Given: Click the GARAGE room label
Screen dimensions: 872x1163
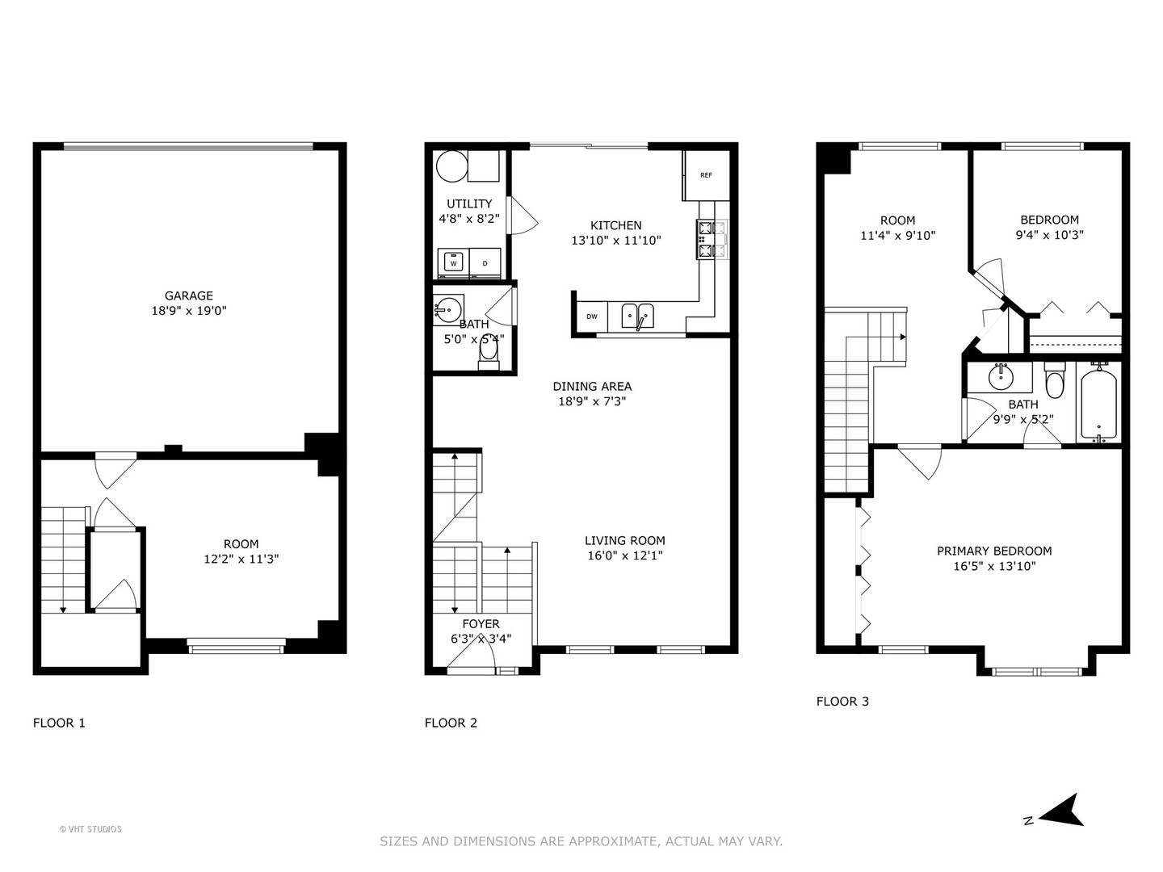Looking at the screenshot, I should click(x=189, y=296).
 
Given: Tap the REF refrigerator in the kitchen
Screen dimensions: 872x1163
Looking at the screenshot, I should click(x=706, y=175).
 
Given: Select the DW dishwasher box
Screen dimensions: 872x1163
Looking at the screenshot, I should click(x=592, y=317).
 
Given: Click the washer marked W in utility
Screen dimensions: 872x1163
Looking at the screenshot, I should click(x=453, y=263).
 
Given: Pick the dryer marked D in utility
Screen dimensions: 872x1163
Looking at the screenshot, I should click(x=485, y=263).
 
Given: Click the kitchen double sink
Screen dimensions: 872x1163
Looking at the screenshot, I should click(x=638, y=316).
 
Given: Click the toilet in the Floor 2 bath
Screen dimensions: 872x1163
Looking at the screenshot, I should click(x=489, y=353).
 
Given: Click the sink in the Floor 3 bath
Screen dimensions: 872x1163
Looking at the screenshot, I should click(x=1001, y=375).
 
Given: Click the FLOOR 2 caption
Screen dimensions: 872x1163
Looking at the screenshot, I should click(x=451, y=723).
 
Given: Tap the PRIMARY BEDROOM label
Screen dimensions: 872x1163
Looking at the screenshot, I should click(x=994, y=551).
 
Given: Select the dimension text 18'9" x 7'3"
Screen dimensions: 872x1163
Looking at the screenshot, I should click(x=592, y=401).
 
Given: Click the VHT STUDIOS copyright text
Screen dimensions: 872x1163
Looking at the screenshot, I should click(x=90, y=829).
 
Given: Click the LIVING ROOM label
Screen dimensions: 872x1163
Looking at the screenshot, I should click(x=624, y=541).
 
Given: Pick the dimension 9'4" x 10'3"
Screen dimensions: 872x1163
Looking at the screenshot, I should click(x=1049, y=235).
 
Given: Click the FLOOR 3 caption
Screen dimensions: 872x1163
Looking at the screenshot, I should click(x=842, y=701).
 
